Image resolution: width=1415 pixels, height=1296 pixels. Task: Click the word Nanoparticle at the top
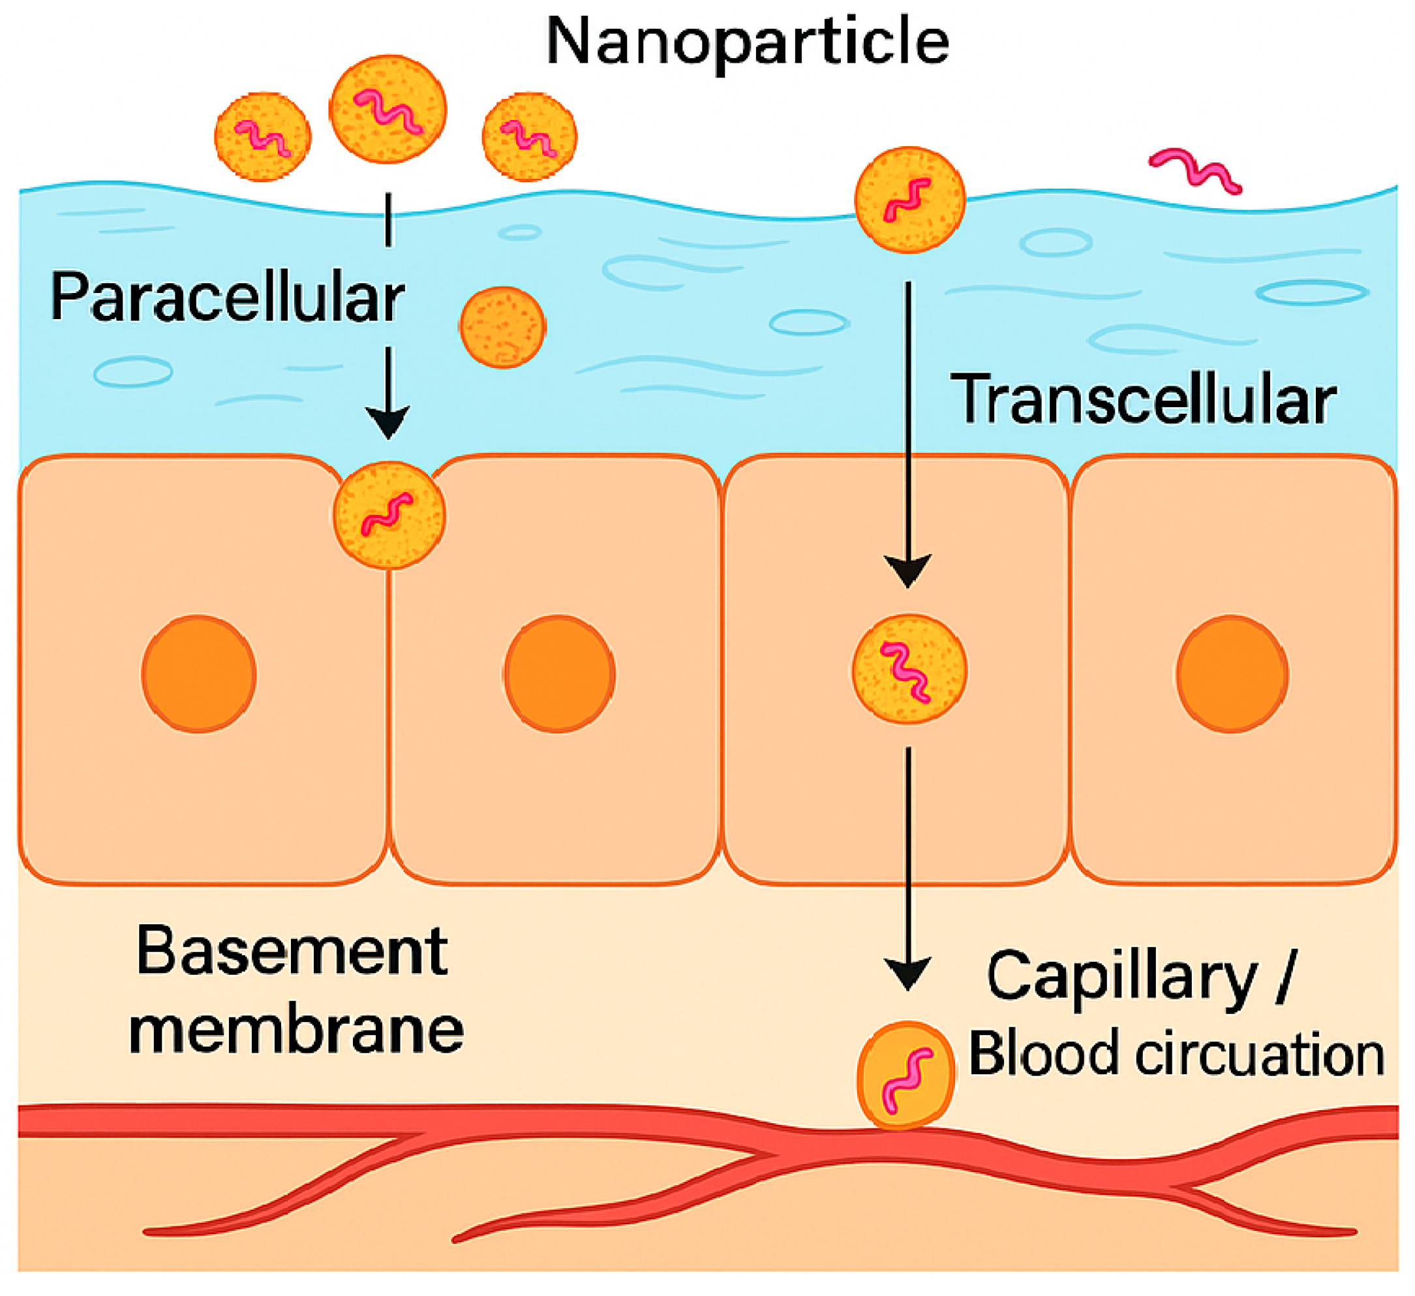point(748,42)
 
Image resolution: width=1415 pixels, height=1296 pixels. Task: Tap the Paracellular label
point(227,298)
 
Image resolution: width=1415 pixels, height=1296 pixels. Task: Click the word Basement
point(292,952)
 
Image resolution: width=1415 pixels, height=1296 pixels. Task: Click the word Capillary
point(1121,978)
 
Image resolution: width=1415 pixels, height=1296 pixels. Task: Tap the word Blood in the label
point(1043,1055)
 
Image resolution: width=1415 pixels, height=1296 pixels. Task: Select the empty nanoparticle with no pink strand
point(502,327)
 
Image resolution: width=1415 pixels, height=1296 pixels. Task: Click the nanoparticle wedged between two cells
point(389,515)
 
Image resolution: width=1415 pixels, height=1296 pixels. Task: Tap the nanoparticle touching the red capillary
point(906,1075)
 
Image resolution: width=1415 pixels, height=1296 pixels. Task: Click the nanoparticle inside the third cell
point(909,669)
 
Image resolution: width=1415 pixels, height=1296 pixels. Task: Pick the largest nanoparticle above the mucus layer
point(388,110)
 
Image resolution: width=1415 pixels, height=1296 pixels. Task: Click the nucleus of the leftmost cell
point(200,674)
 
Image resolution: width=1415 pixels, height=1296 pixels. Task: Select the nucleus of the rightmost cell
point(1232,674)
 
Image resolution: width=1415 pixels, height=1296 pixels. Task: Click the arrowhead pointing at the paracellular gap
point(388,422)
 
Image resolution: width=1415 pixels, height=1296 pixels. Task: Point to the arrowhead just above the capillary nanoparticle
point(907,972)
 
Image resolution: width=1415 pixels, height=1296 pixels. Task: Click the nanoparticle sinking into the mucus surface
point(909,200)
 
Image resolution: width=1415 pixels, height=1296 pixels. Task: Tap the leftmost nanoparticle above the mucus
point(263,137)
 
